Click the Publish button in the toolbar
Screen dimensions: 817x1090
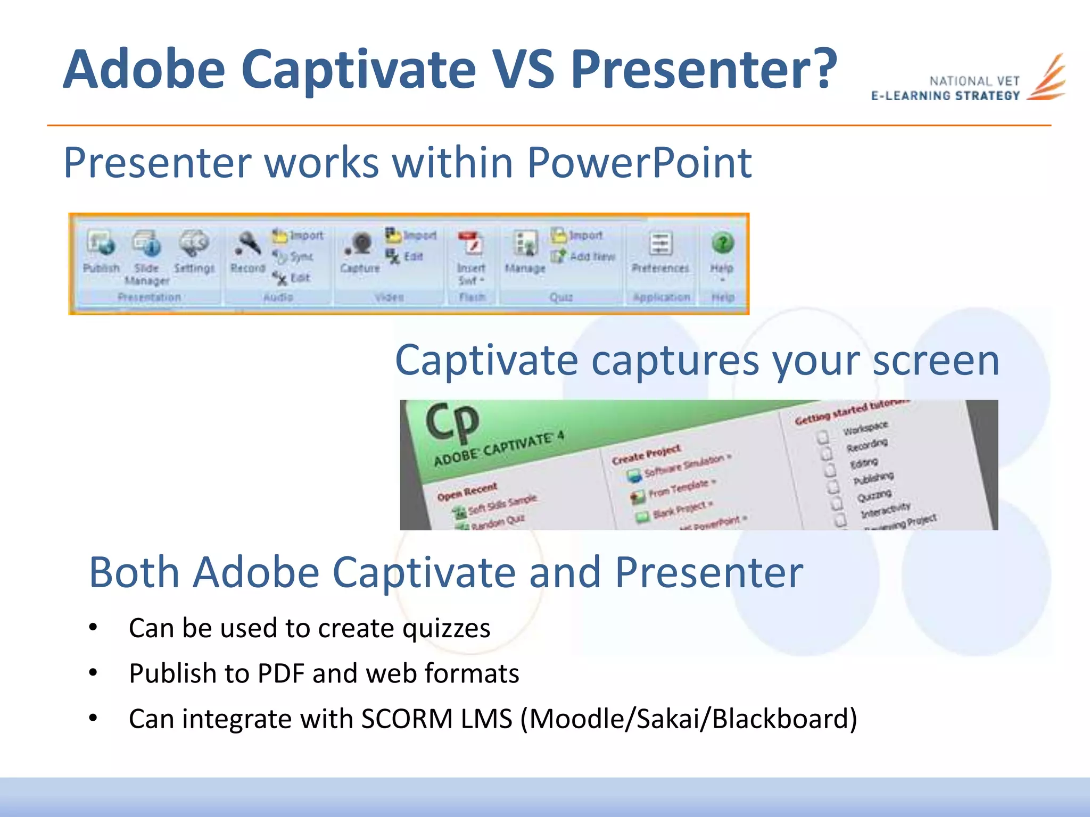click(101, 250)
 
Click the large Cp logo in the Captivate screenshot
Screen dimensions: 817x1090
click(452, 422)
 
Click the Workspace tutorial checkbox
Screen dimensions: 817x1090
click(823, 437)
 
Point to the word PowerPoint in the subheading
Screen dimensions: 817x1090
click(639, 163)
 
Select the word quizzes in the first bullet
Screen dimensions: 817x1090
click(446, 628)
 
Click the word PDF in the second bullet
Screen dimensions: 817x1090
click(281, 673)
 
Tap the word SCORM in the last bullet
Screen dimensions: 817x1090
click(407, 719)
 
